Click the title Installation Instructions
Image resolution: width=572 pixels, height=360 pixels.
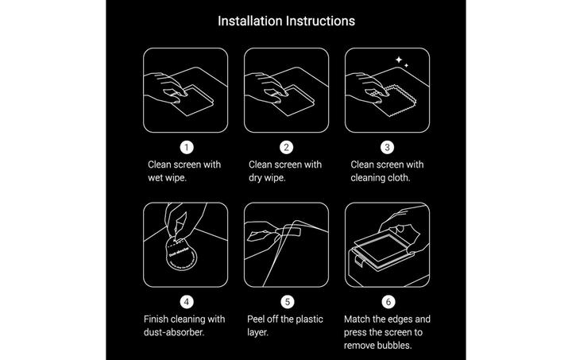click(x=286, y=20)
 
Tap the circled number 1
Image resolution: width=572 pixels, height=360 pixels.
click(x=186, y=147)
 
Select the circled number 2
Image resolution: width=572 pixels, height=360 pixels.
click(x=286, y=147)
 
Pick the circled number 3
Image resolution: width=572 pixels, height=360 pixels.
click(x=387, y=147)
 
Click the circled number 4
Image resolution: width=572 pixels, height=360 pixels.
click(x=186, y=302)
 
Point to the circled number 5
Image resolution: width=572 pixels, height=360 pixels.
click(x=286, y=302)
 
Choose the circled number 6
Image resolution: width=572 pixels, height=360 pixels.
click(x=387, y=302)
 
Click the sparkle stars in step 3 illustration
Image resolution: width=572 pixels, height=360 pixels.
click(x=402, y=62)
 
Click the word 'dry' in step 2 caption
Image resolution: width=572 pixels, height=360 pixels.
click(x=257, y=178)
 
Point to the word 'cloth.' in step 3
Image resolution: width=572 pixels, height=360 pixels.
click(x=398, y=178)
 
